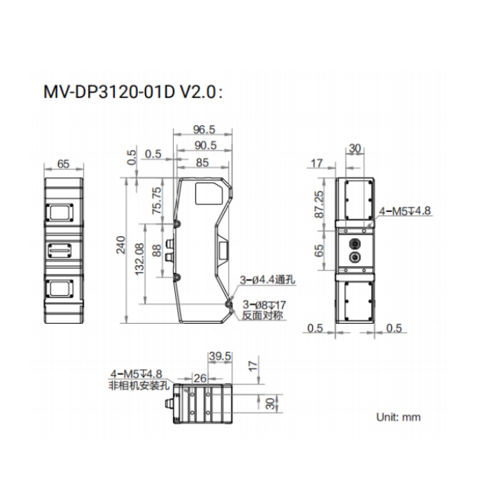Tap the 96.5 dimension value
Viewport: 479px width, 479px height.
204,130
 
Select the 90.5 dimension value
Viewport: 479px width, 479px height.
205,146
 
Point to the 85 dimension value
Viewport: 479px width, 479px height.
202,162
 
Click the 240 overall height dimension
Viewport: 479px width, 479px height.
121,245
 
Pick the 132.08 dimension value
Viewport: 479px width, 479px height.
140,259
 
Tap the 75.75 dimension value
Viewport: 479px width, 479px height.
156,201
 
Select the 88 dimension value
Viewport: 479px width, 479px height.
156,250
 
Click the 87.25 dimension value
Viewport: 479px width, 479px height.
319,204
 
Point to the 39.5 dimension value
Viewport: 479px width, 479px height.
220,356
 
